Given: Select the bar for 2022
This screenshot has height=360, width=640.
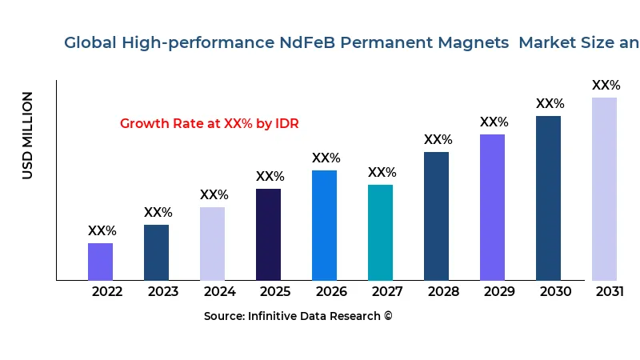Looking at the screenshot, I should click(x=100, y=262).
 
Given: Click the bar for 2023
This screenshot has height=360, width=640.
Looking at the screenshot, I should click(x=156, y=252).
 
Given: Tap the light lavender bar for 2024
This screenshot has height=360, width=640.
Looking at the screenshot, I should click(x=212, y=243).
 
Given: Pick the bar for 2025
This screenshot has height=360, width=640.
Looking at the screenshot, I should click(x=268, y=234).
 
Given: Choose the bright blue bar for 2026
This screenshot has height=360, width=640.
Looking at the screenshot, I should click(x=324, y=225).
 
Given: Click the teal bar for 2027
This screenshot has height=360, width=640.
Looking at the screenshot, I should click(x=380, y=232).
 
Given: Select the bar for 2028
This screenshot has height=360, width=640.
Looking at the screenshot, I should click(x=436, y=216).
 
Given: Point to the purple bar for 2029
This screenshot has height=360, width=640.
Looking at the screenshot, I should click(x=492, y=207).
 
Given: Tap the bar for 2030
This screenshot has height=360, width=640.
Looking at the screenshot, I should click(x=548, y=198).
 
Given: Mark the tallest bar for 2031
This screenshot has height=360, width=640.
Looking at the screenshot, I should click(x=604, y=189).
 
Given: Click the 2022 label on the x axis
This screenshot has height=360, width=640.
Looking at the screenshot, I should click(x=107, y=292).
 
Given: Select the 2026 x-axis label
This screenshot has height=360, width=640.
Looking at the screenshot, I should click(x=331, y=292).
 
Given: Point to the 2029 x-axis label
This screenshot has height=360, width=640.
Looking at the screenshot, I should click(x=499, y=292).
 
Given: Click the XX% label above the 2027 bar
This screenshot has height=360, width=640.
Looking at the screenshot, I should click(x=382, y=173).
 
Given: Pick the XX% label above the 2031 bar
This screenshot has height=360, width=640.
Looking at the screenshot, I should click(x=606, y=86).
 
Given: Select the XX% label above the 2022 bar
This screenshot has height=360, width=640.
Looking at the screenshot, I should click(x=102, y=231).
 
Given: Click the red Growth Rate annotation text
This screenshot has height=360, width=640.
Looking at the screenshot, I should click(x=209, y=124).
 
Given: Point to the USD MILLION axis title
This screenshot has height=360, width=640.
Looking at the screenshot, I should click(x=28, y=135).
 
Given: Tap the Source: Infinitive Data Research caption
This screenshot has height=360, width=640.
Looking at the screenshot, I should click(x=298, y=317).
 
